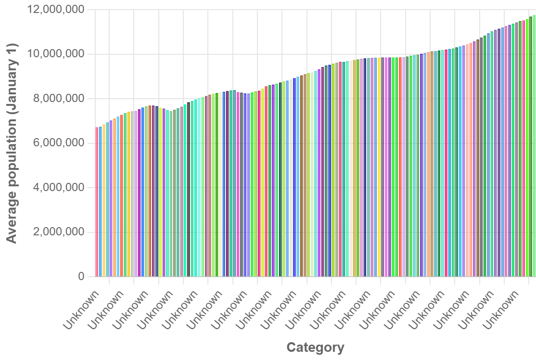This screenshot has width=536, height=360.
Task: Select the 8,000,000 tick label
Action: (x=57, y=99)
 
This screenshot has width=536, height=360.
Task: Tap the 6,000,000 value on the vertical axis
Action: (x=57, y=143)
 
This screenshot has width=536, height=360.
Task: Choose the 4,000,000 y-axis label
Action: (x=57, y=188)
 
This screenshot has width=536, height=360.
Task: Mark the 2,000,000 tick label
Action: (x=57, y=232)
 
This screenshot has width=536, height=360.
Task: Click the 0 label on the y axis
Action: (x=81, y=277)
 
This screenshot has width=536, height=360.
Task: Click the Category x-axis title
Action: (x=315, y=347)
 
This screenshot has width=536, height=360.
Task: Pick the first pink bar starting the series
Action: (x=97, y=202)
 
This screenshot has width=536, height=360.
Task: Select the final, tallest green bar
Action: (x=534, y=144)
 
